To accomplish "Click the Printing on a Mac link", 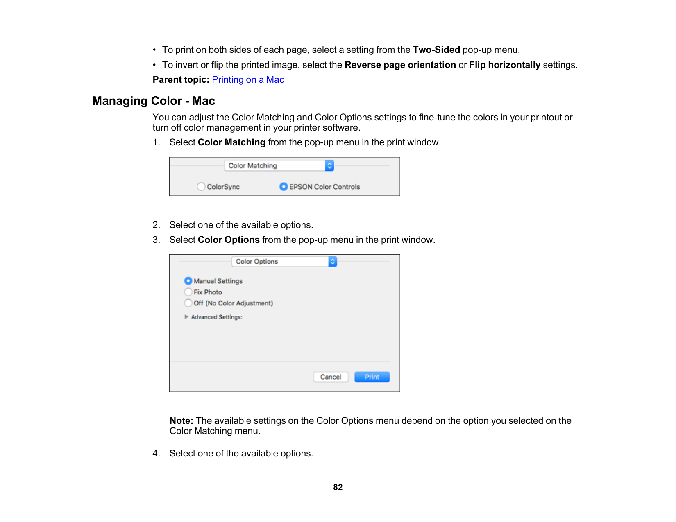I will pos(247,80).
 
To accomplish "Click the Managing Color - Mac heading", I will pos(154,101).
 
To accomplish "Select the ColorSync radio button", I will pos(201,187).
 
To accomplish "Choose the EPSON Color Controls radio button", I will pos(284,187).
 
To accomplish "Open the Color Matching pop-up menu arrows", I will pos(329,165).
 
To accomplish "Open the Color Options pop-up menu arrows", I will pos(333,262).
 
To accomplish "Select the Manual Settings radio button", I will pos(188,281).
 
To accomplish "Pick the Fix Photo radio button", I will pos(188,292).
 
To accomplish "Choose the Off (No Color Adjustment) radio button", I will pos(188,303).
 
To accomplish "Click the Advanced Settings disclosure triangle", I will pos(186,317).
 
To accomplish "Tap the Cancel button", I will pos(331,377).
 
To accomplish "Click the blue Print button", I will pos(372,377).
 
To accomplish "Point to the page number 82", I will pos(338,487).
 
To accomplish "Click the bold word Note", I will pos(181,421).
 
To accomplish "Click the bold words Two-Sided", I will pos(436,50).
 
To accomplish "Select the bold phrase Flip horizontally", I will pos(504,65).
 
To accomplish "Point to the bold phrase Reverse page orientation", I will pos(400,65).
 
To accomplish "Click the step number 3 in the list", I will pos(156,240).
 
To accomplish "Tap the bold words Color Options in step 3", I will pos(229,240).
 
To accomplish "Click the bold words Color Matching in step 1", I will pos(231,142).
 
